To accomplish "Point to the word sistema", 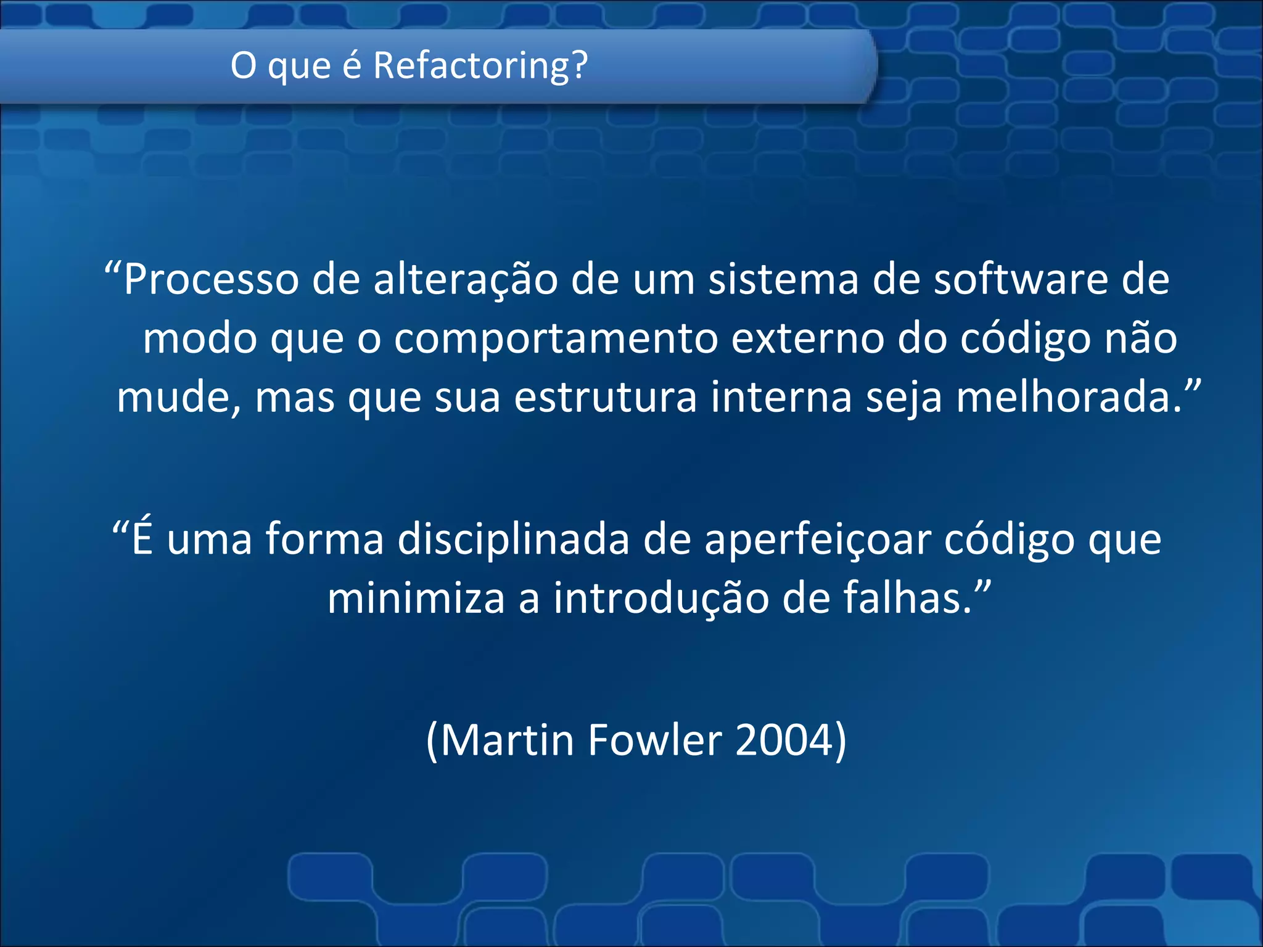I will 783,279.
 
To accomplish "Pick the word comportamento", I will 556,339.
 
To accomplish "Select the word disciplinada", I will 513,539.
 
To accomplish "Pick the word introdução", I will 660,599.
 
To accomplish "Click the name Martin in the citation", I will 507,740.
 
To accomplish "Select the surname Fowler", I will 654,740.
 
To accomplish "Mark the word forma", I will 325,539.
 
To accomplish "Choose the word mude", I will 178,398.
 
